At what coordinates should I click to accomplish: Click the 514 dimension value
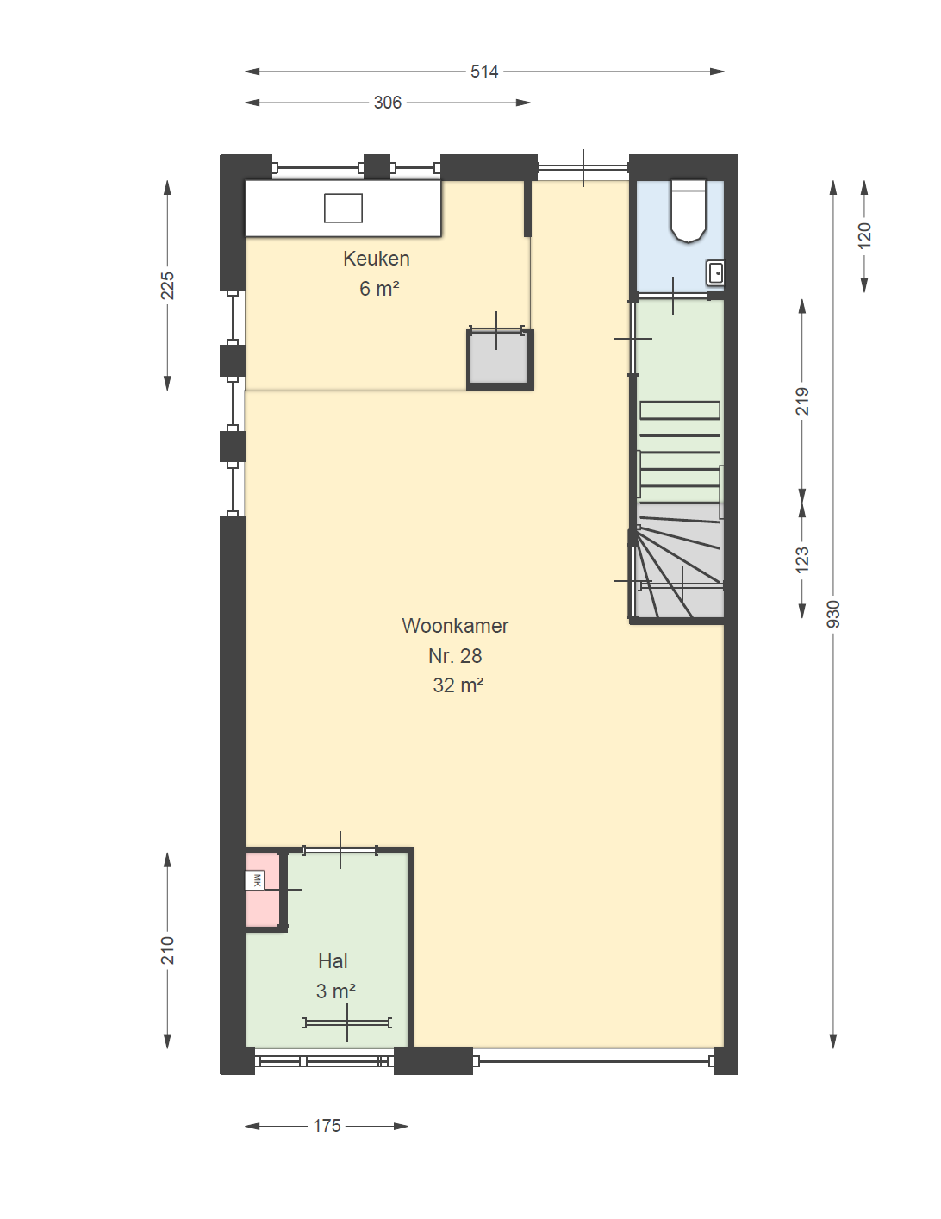(484, 72)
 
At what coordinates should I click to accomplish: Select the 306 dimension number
(388, 103)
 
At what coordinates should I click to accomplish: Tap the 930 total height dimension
(833, 614)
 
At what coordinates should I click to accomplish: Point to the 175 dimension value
(327, 1126)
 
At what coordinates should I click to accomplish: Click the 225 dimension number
(167, 285)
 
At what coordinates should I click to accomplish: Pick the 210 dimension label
(167, 950)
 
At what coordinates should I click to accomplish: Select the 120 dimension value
(865, 235)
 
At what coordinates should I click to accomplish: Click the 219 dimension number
(802, 401)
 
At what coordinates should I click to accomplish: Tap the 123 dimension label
(802, 559)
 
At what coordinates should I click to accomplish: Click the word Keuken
(377, 259)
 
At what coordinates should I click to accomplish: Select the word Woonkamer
(455, 626)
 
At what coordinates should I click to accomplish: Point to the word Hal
(333, 961)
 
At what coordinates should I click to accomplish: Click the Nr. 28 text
(455, 656)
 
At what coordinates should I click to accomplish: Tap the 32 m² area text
(458, 685)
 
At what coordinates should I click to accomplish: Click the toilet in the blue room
(689, 211)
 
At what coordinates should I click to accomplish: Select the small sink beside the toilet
(716, 273)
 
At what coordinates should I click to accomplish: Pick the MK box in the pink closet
(255, 880)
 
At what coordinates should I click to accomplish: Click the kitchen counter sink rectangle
(343, 208)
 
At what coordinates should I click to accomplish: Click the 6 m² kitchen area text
(379, 289)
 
